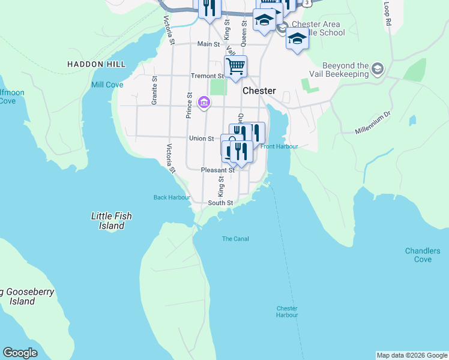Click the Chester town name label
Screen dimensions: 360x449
[x=259, y=91]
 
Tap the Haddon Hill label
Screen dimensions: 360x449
[x=96, y=64]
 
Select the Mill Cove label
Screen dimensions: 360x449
[x=107, y=85]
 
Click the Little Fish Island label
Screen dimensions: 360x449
[x=112, y=221]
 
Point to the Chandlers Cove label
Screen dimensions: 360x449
[x=423, y=255]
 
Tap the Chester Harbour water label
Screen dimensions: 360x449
[x=287, y=311]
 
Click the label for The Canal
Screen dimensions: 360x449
[x=235, y=239]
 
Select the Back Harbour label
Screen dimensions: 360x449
[x=172, y=197]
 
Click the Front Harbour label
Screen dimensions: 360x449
[x=279, y=146]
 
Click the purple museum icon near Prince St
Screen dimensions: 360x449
[x=204, y=103]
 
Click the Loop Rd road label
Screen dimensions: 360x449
[x=388, y=13]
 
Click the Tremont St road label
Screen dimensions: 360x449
[x=207, y=76]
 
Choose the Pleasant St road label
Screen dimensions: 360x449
[x=217, y=170]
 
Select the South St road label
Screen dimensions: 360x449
[x=220, y=203]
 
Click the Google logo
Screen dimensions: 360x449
[x=20, y=353]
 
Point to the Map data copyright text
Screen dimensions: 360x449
[x=412, y=355]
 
